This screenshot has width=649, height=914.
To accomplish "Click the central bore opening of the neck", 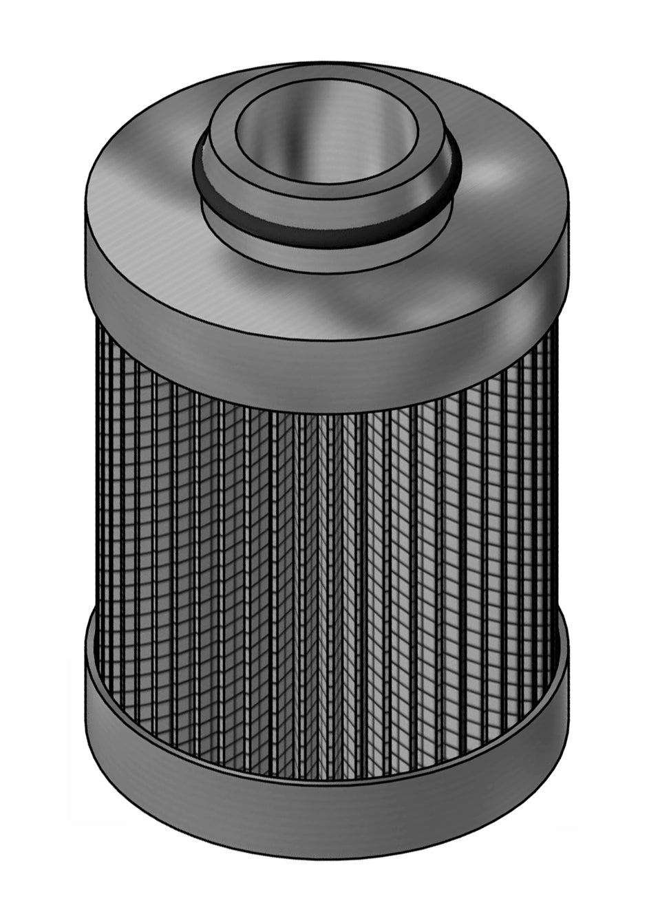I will pyautogui.click(x=327, y=134).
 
